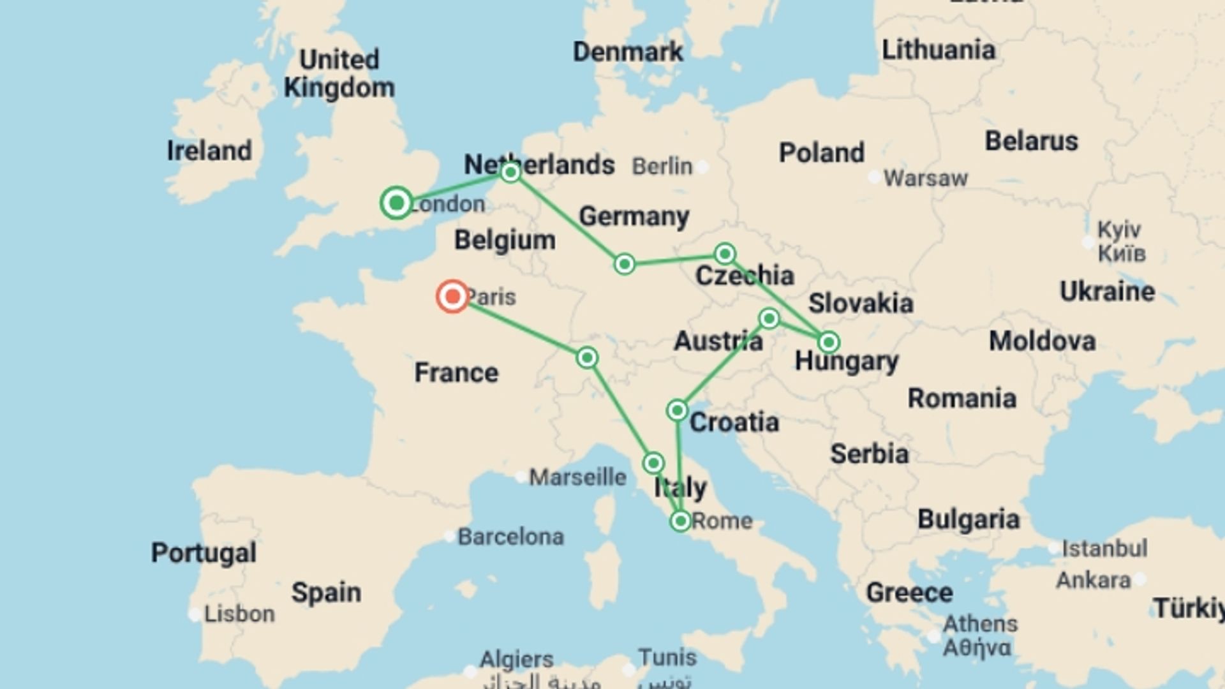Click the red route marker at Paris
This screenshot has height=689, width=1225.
[452, 296]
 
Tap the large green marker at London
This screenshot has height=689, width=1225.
[396, 203]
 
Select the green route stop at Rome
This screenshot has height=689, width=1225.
[680, 521]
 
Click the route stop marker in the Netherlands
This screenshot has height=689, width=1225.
[510, 172]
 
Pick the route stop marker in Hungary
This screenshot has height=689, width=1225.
[828, 343]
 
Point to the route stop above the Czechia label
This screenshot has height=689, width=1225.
[724, 254]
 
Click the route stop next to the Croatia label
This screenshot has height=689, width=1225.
[677, 410]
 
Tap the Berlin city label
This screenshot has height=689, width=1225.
[662, 167]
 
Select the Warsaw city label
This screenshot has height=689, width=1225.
[925, 178]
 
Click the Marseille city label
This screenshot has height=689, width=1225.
[577, 477]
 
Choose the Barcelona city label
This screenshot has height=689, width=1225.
[510, 537]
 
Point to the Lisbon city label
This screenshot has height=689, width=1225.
[239, 614]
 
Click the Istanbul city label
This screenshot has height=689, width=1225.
[1104, 548]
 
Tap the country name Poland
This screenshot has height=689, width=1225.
[821, 153]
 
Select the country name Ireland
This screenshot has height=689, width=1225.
[209, 151]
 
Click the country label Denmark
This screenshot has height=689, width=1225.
[627, 52]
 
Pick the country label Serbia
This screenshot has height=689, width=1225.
[869, 454]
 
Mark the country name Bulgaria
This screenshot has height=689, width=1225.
[968, 519]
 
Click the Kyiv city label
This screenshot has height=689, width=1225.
[1120, 229]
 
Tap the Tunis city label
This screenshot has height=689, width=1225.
[667, 656]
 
